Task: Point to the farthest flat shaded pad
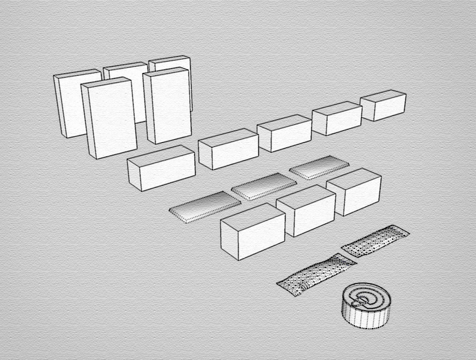click(x=320, y=167)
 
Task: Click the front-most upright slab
click(x=112, y=120)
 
